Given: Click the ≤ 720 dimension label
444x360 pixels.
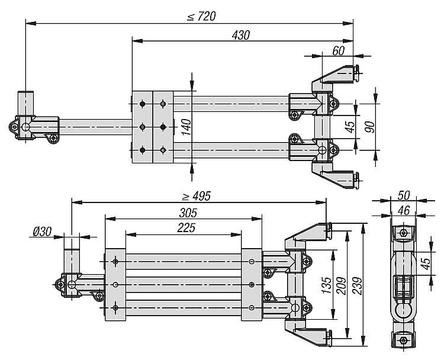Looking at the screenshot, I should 201,16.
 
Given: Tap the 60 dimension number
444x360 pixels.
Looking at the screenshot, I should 338,50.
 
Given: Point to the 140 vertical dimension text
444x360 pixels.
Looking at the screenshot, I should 186,127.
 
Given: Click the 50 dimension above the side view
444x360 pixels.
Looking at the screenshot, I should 404,195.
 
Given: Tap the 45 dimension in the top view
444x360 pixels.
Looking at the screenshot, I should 350,127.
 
